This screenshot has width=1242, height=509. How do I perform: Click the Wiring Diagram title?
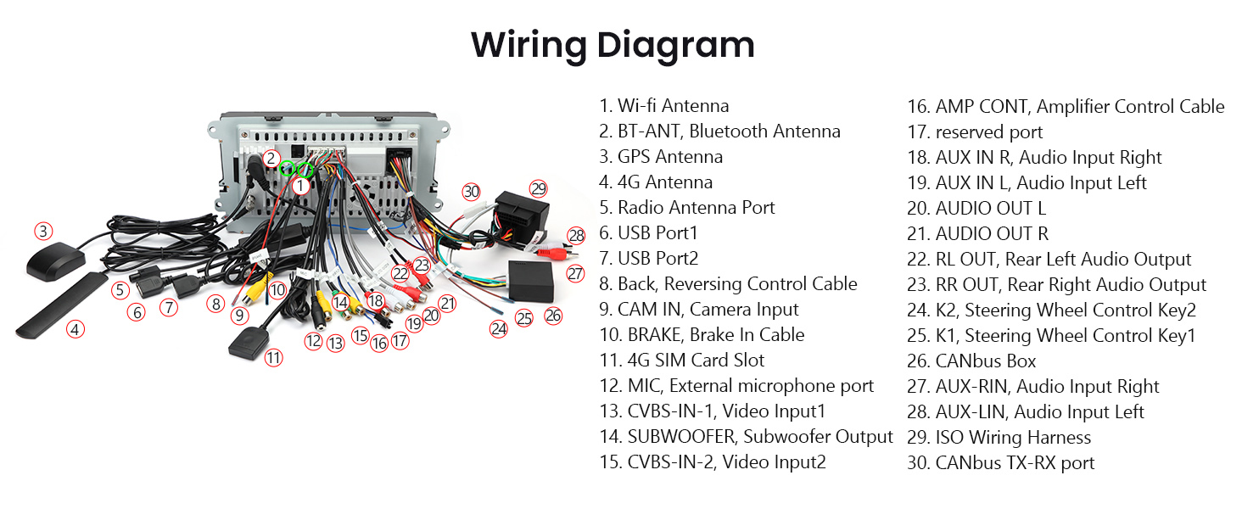[x=613, y=46]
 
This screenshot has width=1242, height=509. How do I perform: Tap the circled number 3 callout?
[x=43, y=232]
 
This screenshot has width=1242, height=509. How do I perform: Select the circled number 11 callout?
[x=273, y=358]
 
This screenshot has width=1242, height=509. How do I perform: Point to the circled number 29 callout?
[x=538, y=189]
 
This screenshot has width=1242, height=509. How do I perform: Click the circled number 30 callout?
[x=472, y=192]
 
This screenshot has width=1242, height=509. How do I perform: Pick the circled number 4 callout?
[x=76, y=329]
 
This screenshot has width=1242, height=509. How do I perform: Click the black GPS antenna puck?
[x=56, y=260]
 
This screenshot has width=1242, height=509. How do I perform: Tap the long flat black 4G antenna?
[x=61, y=305]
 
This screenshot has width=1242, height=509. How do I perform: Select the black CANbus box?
[x=530, y=281]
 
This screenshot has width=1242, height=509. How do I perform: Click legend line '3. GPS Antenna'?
[x=661, y=157]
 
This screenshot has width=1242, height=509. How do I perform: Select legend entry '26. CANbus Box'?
[x=971, y=361]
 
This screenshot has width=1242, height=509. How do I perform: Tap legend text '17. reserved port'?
[x=975, y=132]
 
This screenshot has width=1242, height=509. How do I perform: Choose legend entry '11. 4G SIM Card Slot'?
[x=682, y=361]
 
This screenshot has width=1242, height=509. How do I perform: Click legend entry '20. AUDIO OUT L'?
[x=976, y=209]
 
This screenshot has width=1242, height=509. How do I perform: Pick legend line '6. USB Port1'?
[x=648, y=233]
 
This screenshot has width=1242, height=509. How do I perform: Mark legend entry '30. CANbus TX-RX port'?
[x=1001, y=463]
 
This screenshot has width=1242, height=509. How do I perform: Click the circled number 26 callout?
[x=553, y=316]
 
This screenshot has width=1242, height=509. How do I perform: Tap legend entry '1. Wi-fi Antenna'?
[x=664, y=106]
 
